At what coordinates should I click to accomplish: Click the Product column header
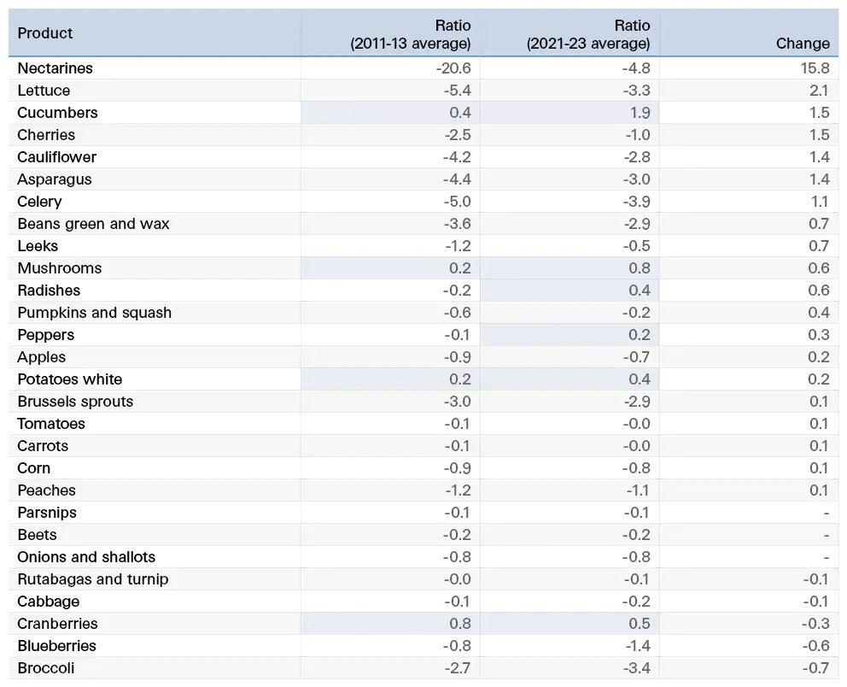coord(45,33)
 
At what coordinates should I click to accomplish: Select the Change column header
coord(803,44)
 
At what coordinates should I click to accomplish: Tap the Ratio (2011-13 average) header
coord(411,34)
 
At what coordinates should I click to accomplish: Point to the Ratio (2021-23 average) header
coord(588,34)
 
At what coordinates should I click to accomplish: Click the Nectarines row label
coord(55,68)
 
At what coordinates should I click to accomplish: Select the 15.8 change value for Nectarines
coord(815,68)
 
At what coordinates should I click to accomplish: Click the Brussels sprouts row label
coord(75,402)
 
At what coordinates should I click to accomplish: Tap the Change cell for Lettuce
coord(820,91)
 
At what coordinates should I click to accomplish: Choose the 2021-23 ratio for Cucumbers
coord(640,113)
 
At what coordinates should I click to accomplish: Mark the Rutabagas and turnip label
coord(93,579)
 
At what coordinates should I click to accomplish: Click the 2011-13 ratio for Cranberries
coord(460,624)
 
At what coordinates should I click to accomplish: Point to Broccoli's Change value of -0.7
coord(815,668)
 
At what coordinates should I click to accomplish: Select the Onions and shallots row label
coord(86,557)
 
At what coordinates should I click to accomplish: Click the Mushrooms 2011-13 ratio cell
coord(460,268)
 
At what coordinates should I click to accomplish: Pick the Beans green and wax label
coord(93,224)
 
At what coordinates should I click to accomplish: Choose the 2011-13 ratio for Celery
coord(457,202)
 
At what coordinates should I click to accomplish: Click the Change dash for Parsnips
coord(827,513)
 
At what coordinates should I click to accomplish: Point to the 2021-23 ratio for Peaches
coord(638,490)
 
